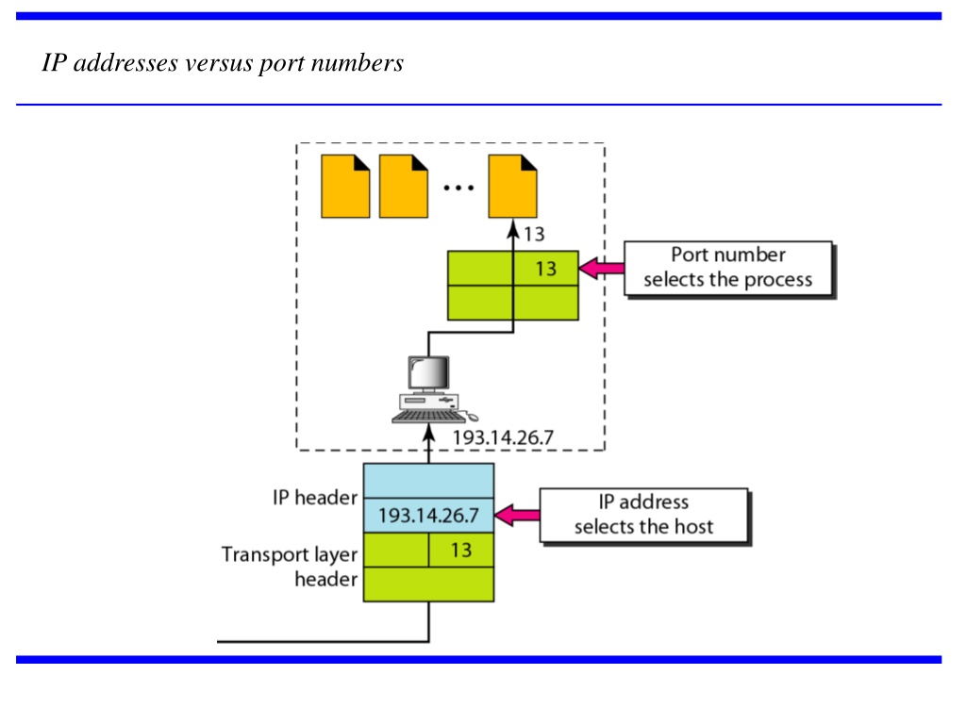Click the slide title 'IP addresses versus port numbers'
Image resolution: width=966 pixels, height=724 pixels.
point(223,63)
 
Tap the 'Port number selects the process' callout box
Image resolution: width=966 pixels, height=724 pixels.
point(728,269)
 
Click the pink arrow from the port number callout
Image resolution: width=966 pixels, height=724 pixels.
point(601,269)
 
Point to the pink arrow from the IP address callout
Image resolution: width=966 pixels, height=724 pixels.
point(517,516)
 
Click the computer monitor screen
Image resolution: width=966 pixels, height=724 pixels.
point(429,371)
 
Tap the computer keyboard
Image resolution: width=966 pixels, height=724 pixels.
point(428,417)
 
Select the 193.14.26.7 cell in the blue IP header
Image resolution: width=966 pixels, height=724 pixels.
point(429,516)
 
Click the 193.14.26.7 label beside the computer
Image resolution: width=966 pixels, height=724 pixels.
point(504,437)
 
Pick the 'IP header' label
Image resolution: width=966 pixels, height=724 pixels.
point(315,498)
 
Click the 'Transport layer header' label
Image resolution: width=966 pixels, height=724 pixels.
point(290,567)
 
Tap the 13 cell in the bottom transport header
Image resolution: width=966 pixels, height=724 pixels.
point(461,550)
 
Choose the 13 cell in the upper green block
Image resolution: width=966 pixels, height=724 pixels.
point(546,269)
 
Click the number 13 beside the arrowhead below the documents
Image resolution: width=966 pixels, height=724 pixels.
point(534,235)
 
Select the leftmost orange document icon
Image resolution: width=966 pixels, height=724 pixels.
point(345,187)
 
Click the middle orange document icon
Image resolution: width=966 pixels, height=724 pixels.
point(404,187)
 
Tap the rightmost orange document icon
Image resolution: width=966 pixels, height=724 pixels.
point(512,187)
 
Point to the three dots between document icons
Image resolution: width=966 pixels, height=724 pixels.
point(459,188)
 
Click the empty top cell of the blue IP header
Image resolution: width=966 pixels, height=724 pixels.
point(429,481)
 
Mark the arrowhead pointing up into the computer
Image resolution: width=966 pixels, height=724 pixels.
point(429,434)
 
